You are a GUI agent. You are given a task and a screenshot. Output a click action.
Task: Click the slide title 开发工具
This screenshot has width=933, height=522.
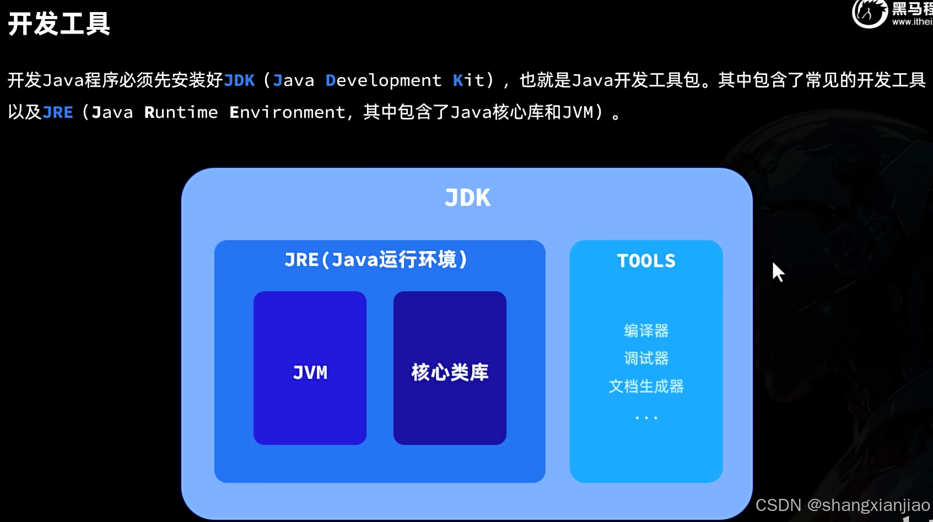point(59,24)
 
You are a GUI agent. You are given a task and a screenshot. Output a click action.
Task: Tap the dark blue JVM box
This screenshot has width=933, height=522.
point(310,368)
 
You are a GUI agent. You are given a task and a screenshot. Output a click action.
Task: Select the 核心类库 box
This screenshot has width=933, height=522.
point(450,368)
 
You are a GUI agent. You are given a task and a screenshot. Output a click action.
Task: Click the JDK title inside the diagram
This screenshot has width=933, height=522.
point(467,198)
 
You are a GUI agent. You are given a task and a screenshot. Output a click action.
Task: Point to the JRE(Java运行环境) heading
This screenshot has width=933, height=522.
point(376,259)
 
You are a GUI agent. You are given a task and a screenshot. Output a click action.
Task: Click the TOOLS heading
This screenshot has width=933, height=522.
point(646,260)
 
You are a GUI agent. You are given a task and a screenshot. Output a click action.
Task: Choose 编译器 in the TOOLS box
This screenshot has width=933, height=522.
point(646,330)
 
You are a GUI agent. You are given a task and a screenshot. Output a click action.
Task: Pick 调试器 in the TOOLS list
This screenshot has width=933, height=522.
point(646,358)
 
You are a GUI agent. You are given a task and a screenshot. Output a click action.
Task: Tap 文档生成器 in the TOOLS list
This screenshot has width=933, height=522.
point(646,386)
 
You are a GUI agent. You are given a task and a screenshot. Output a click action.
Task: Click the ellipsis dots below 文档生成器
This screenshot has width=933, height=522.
point(646,418)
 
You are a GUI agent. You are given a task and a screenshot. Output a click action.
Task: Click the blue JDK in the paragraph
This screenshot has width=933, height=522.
point(240,80)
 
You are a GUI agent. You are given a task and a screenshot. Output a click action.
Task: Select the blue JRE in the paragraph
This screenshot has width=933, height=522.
point(58,112)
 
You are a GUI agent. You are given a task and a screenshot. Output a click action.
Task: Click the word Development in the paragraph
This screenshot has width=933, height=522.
point(384,80)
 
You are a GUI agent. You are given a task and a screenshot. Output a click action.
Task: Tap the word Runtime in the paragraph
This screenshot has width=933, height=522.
point(181,112)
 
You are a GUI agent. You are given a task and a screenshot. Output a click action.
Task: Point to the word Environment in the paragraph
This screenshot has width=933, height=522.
point(287,112)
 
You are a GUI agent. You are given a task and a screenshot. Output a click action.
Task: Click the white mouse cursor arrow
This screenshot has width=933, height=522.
point(777,271)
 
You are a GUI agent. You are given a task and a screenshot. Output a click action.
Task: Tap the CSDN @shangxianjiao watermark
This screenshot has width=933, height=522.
point(842,505)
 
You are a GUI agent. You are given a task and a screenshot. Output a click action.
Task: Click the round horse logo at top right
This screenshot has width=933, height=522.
point(869,13)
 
